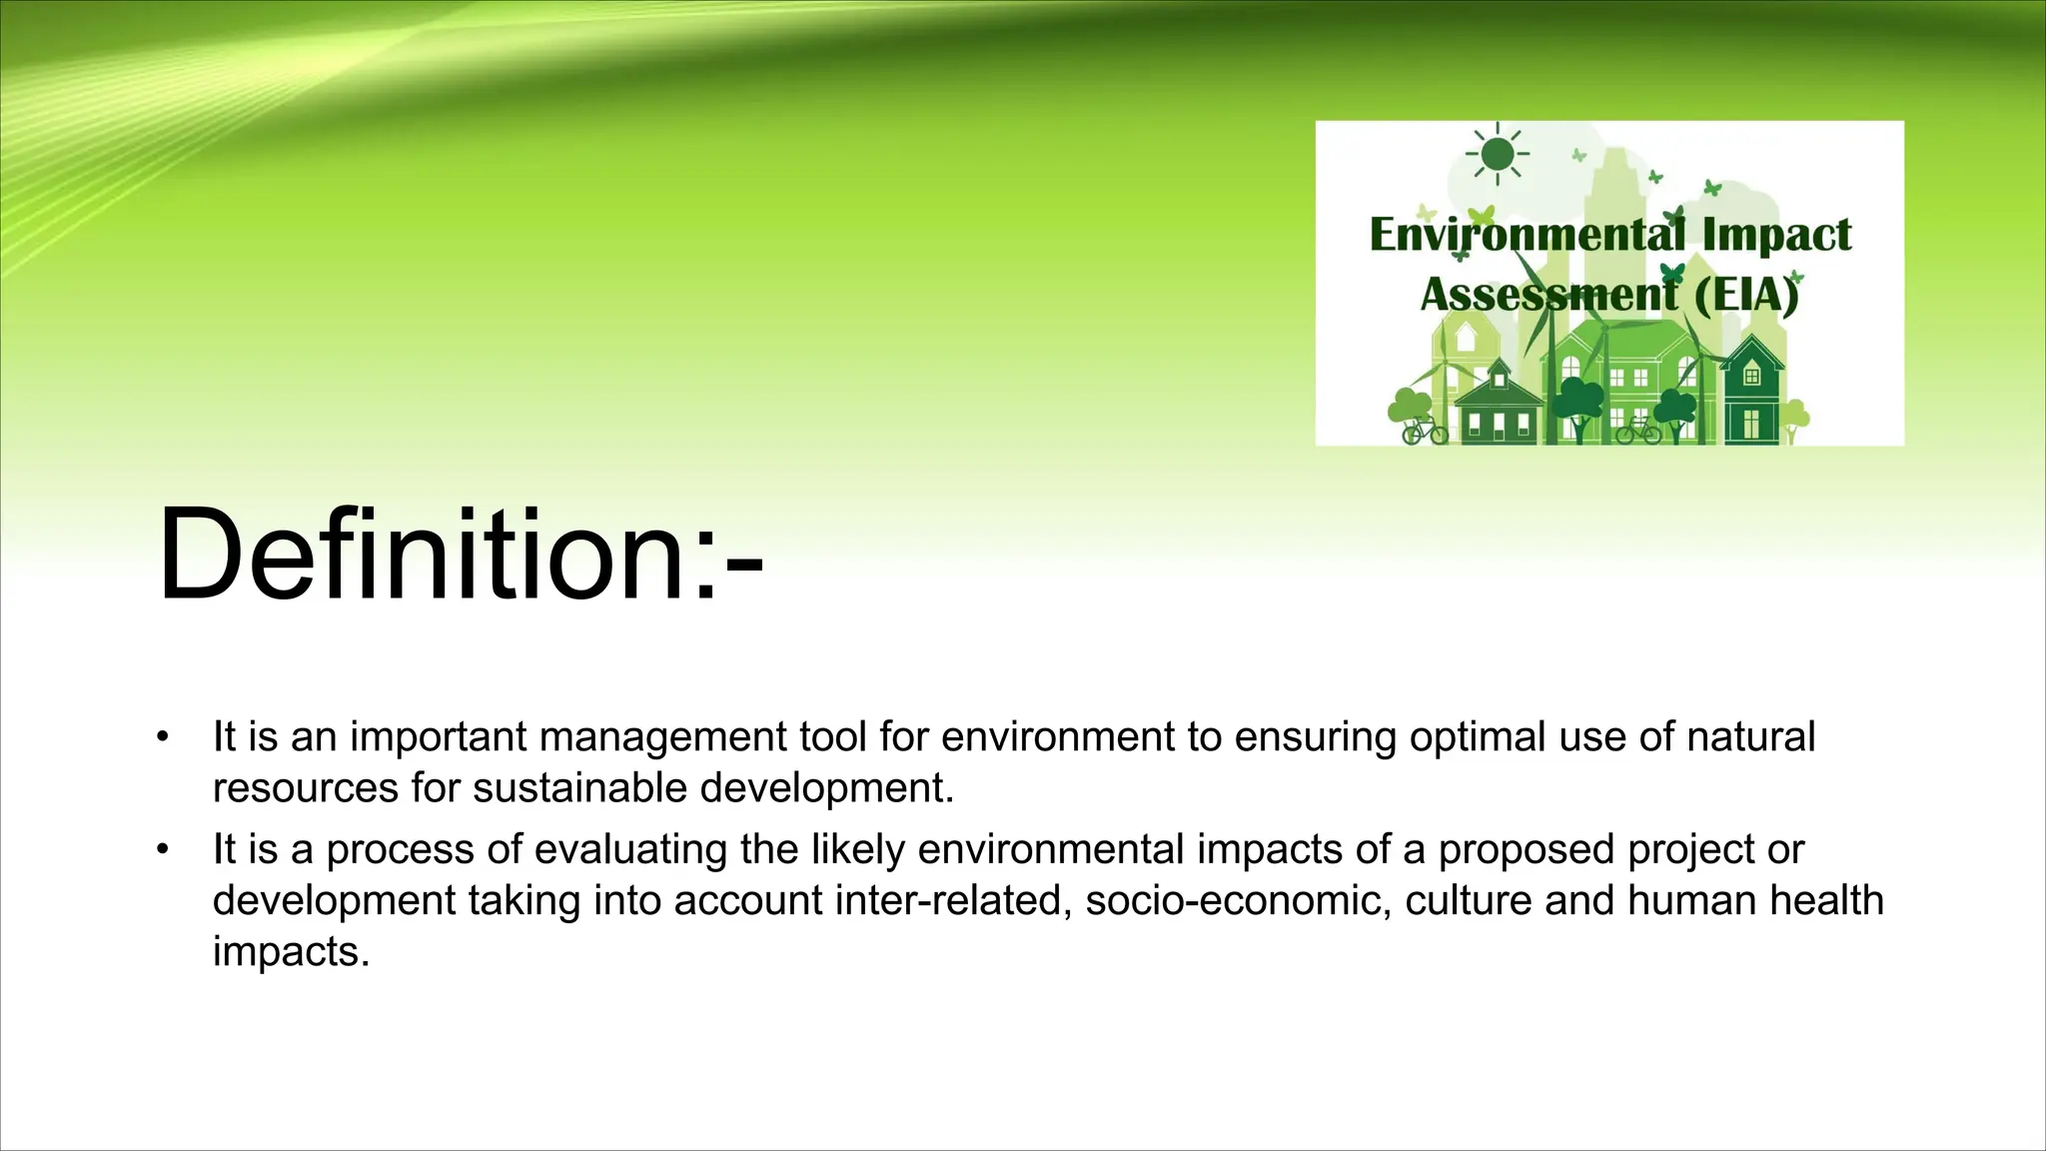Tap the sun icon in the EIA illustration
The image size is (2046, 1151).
pyautogui.click(x=1498, y=154)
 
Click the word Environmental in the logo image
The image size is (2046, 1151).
pyautogui.click(x=1527, y=235)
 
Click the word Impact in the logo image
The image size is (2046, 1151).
pyautogui.click(x=1776, y=235)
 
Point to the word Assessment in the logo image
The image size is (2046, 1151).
pyautogui.click(x=1549, y=295)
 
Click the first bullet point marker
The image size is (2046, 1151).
pyautogui.click(x=163, y=738)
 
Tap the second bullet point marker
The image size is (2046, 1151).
pyautogui.click(x=163, y=850)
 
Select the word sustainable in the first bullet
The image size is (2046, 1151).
pyautogui.click(x=579, y=788)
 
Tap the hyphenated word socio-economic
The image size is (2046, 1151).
pyautogui.click(x=1238, y=900)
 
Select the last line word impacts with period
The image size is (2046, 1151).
pyautogui.click(x=291, y=951)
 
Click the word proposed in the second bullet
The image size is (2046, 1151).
pyautogui.click(x=1527, y=849)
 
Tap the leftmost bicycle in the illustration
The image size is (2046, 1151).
pyautogui.click(x=1425, y=432)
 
